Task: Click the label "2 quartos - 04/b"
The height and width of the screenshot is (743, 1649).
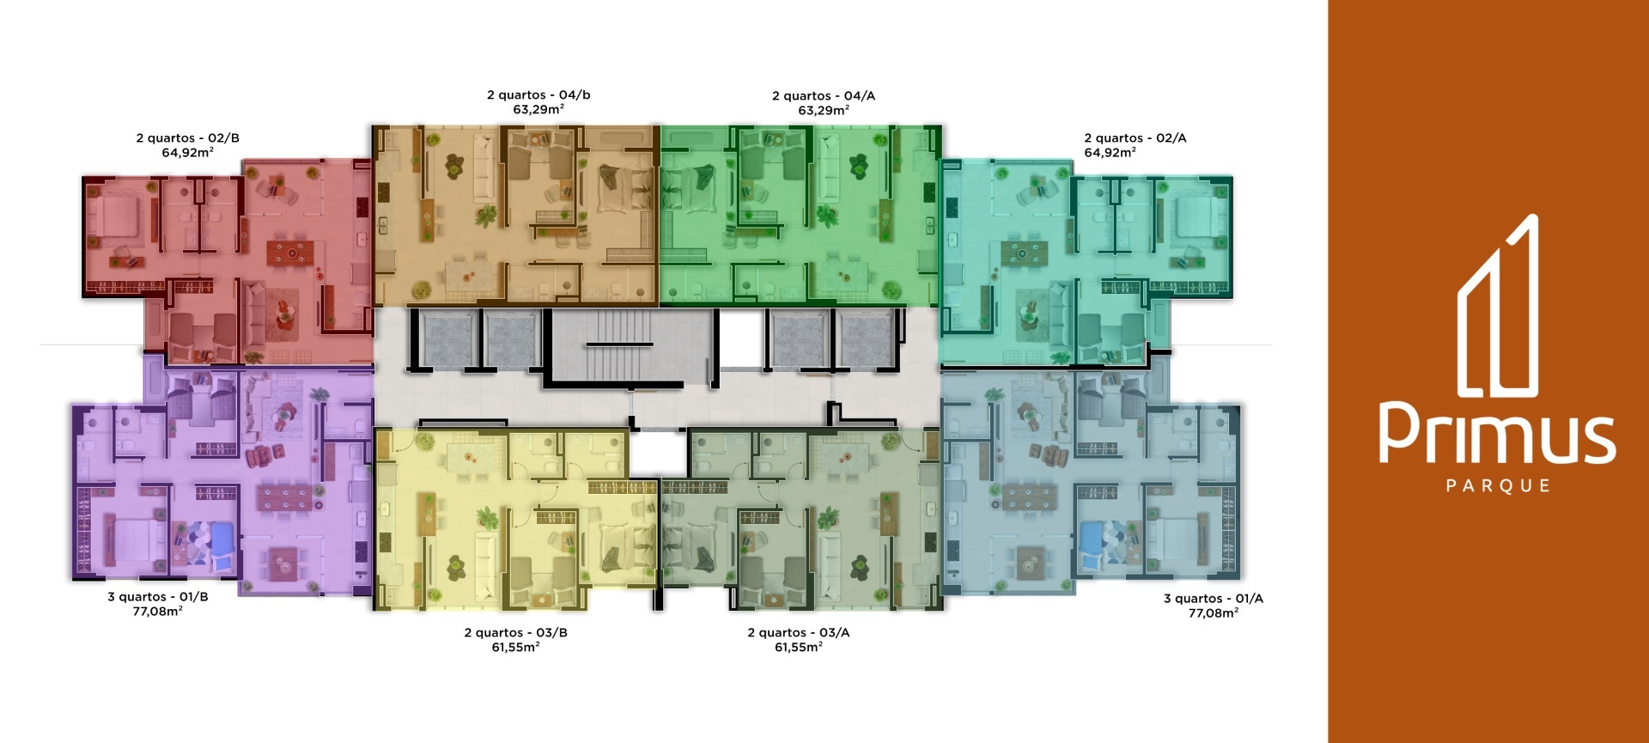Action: (539, 95)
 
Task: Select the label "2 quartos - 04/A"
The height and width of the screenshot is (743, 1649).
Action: (824, 96)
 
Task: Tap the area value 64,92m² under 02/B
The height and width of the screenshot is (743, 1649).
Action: (187, 153)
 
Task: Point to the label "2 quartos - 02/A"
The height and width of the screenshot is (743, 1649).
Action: (1135, 138)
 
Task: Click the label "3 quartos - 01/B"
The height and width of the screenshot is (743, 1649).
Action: (158, 597)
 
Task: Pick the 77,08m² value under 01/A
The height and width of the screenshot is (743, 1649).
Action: (1214, 613)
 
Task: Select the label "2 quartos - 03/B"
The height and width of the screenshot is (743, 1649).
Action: (515, 633)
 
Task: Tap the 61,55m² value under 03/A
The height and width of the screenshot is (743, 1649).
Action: (799, 648)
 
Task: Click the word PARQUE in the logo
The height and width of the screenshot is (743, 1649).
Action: (1498, 486)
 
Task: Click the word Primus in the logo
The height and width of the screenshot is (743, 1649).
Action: (1497, 433)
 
